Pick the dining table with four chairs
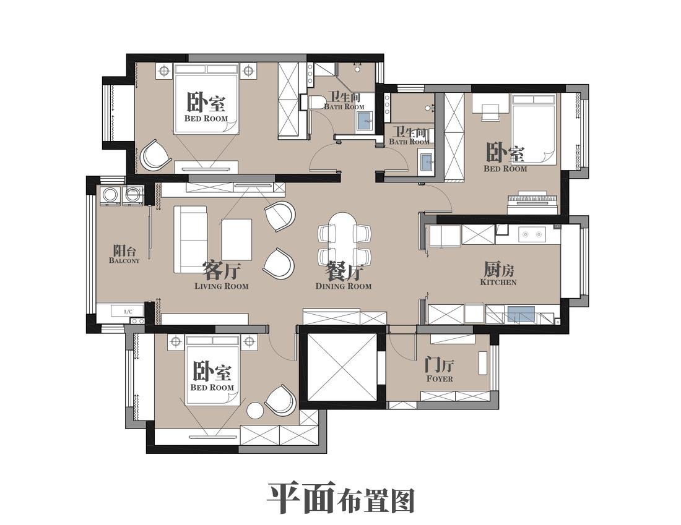[344, 239]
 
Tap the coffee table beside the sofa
[237, 239]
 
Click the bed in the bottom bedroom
[212, 370]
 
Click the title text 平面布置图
[340, 498]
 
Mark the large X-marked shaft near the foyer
[342, 367]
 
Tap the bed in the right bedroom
[533, 130]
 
